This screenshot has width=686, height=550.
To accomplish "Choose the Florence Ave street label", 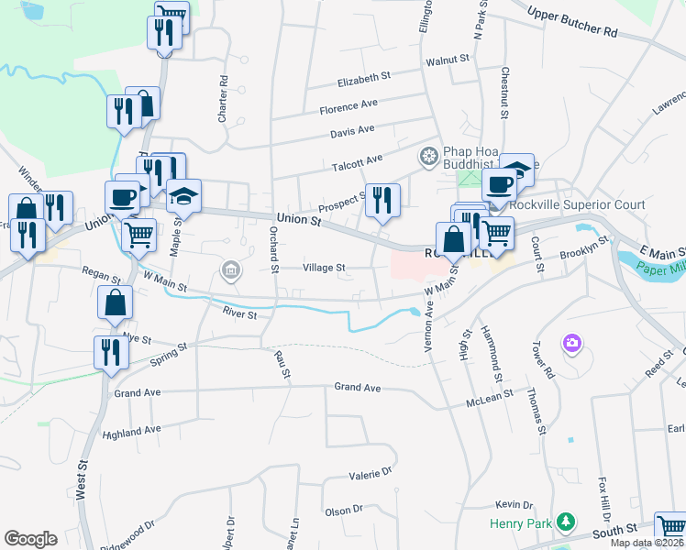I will point(349,107).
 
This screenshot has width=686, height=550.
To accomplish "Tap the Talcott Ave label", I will point(356,160).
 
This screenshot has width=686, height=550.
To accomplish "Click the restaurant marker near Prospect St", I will point(382,200).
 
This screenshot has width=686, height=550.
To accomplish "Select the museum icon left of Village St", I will point(229,269).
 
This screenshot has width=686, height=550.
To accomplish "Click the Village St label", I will point(324,269).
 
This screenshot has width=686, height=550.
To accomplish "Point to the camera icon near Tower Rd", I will point(572,343).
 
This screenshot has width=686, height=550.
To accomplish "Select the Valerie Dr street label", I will point(370,475).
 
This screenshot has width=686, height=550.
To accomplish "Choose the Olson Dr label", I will point(344,509).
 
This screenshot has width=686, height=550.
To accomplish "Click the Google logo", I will point(30,539).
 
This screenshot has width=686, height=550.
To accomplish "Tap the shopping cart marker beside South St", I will point(671,529).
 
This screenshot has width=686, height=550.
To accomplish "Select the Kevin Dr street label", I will point(514,505).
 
